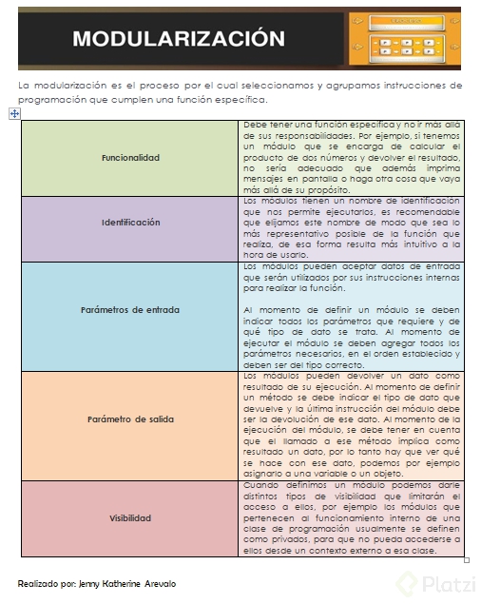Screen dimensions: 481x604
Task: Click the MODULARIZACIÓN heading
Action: [x=178, y=39]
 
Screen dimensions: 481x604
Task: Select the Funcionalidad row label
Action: [x=130, y=158]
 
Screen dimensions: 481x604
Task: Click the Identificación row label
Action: [x=130, y=222]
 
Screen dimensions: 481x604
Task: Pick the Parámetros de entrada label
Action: [x=130, y=310]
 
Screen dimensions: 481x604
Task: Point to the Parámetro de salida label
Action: [x=130, y=419]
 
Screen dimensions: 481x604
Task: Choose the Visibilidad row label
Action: [x=130, y=518]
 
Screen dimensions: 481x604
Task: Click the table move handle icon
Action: [x=13, y=113]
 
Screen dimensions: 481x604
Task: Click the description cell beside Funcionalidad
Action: [x=351, y=158]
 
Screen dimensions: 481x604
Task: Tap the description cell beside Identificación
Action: [x=351, y=228]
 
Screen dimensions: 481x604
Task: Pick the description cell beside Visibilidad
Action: [x=351, y=518]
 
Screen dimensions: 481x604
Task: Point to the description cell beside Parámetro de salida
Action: [x=351, y=425]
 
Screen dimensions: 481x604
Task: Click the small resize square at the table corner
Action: [x=466, y=560]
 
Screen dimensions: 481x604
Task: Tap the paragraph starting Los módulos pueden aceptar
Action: [x=351, y=277]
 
